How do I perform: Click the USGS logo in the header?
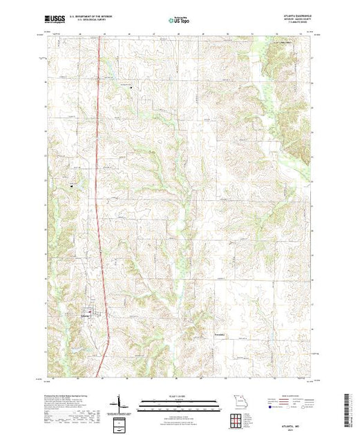click(56, 20)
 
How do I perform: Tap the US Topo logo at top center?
click(180, 20)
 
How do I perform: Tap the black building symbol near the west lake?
click(72, 183)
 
